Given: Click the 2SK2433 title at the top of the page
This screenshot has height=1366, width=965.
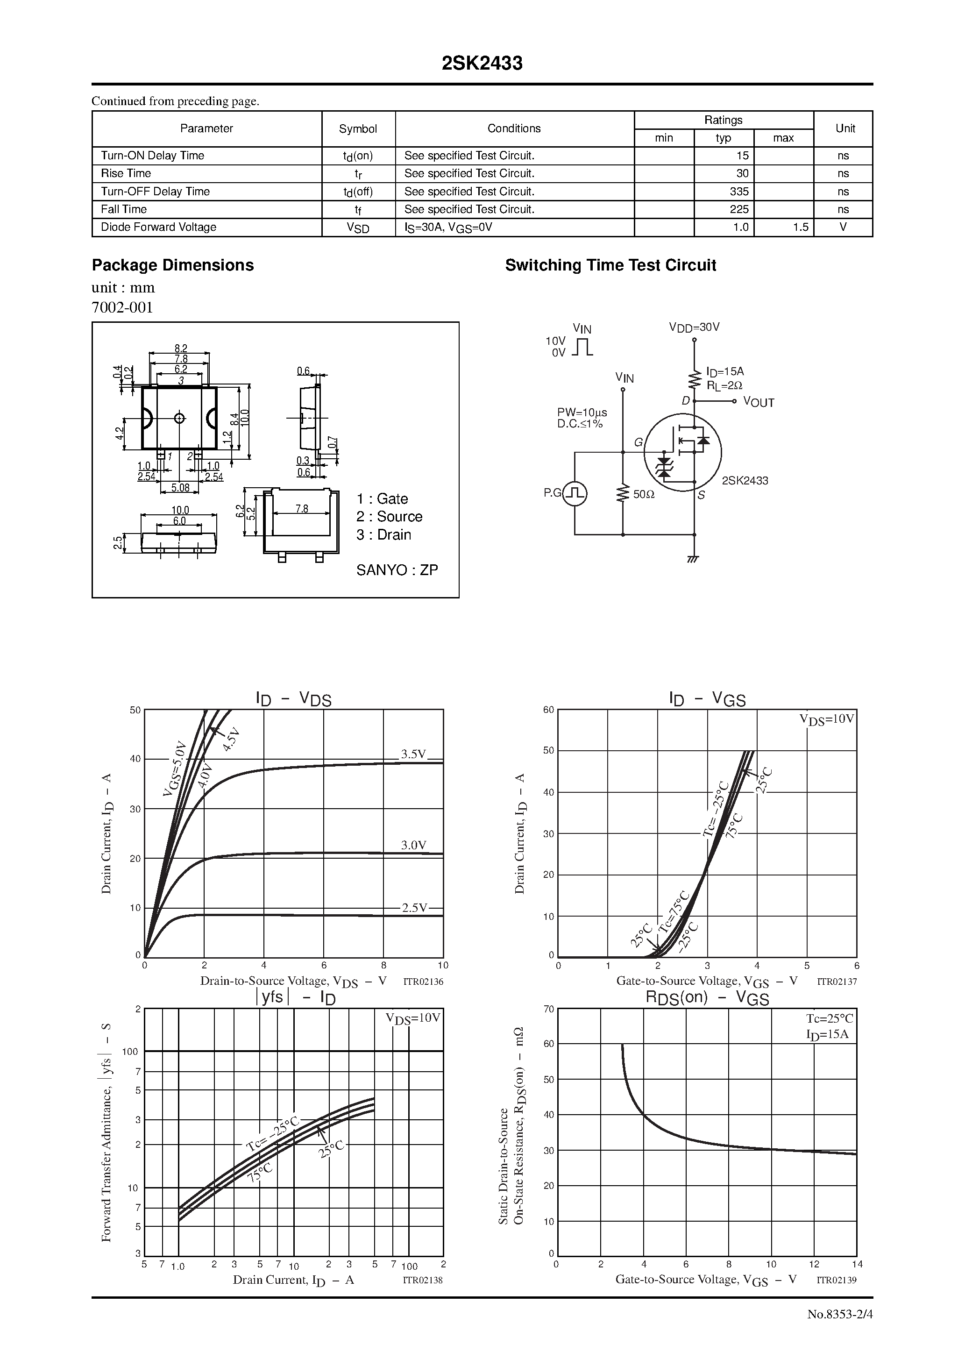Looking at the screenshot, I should click(x=482, y=64).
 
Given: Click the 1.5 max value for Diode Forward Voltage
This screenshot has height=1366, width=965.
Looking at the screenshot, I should click(x=800, y=227).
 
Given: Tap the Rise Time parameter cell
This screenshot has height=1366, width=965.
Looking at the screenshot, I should click(x=126, y=174).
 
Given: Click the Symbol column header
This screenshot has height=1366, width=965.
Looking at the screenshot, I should click(x=358, y=129).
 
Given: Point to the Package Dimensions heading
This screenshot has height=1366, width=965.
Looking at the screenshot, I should click(x=172, y=265).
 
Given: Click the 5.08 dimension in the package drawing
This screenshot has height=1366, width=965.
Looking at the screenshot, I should click(x=180, y=488).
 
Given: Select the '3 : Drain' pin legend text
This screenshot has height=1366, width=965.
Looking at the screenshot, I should click(x=384, y=535).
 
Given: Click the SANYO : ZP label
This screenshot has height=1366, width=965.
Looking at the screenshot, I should click(x=397, y=570).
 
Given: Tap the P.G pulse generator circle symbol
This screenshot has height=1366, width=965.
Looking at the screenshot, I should click(x=575, y=493).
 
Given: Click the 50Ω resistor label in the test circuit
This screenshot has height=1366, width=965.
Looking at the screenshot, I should click(x=644, y=494).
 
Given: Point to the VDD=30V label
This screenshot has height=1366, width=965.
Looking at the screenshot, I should click(x=694, y=327).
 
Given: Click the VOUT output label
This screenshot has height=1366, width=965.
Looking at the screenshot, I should click(x=759, y=403).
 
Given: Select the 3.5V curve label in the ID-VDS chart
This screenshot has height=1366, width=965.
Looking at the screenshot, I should click(x=413, y=754).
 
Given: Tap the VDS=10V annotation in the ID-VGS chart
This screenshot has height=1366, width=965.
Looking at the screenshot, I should click(x=826, y=719).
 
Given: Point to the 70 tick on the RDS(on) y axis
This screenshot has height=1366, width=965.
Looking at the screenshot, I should click(x=548, y=1009).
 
